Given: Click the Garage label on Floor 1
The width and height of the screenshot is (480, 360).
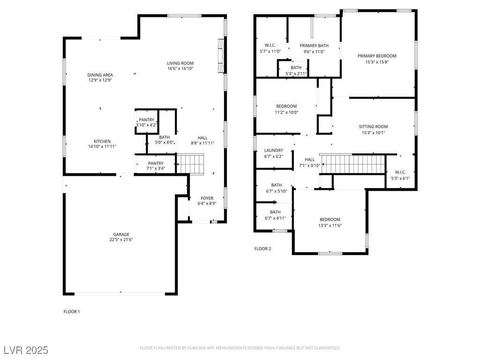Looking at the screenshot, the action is click(121, 234).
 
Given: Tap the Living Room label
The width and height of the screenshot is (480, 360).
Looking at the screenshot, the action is click(180, 63).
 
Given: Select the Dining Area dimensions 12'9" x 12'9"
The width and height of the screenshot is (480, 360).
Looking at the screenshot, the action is click(100, 80).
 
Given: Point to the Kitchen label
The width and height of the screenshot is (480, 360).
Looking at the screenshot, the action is click(102, 142).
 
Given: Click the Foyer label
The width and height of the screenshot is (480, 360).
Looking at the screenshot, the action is click(207, 198).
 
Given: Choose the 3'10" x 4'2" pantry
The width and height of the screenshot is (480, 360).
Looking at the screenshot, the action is click(147, 122).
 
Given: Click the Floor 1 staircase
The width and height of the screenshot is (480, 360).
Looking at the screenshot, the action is click(190, 164).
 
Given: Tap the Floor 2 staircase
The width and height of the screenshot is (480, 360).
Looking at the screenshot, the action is click(352, 164).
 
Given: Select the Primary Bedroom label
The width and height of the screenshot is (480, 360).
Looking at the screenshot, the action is click(377, 56).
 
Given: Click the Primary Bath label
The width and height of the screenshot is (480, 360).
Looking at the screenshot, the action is click(314, 45).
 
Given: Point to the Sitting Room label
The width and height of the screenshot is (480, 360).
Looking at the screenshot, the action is click(373, 127).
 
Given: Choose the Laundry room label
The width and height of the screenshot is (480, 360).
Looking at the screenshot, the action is click(274, 150).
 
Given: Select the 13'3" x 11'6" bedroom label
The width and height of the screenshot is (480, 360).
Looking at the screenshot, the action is click(330, 219).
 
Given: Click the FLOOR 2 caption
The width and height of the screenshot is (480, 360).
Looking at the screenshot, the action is click(262, 249).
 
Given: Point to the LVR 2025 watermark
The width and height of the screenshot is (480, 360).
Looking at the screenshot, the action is click(26, 350).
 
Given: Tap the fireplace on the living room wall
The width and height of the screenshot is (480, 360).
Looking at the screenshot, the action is click(221, 56).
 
